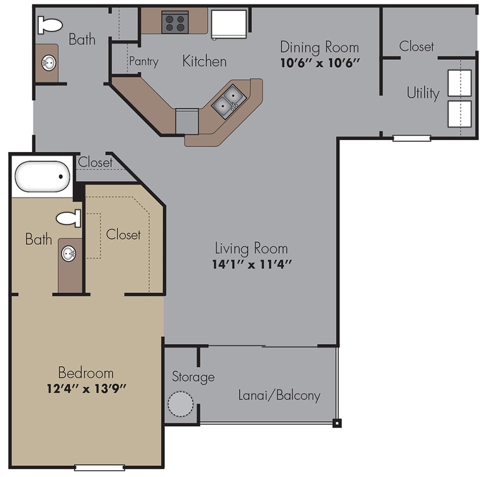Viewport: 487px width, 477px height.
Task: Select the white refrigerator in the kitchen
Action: [228, 24]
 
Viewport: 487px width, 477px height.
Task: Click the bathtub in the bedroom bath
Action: [41, 176]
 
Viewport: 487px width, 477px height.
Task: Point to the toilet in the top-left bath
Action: [50, 25]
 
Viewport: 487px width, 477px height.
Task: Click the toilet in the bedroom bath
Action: [69, 218]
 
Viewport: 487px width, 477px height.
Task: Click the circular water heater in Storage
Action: [181, 404]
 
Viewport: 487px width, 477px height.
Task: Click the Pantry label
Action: [144, 61]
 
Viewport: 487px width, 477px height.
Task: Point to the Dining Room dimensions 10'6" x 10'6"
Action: [320, 63]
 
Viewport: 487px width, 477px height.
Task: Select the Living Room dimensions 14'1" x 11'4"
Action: [251, 263]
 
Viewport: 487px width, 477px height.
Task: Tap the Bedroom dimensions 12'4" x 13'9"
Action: [86, 388]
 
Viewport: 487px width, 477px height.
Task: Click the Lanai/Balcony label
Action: [279, 395]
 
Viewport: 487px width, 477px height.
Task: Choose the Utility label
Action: [423, 93]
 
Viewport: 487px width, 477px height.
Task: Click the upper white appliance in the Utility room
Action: [459, 84]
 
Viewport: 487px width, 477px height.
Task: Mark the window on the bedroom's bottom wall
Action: [99, 467]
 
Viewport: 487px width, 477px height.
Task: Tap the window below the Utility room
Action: [412, 137]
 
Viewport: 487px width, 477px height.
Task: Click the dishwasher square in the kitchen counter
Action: [186, 120]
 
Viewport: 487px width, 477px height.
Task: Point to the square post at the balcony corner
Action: [337, 422]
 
